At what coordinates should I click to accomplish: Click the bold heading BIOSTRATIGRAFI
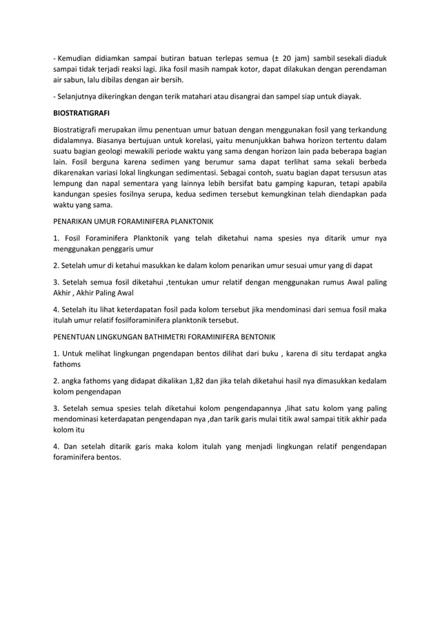(x=82, y=112)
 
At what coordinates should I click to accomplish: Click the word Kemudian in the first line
(x=75, y=58)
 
